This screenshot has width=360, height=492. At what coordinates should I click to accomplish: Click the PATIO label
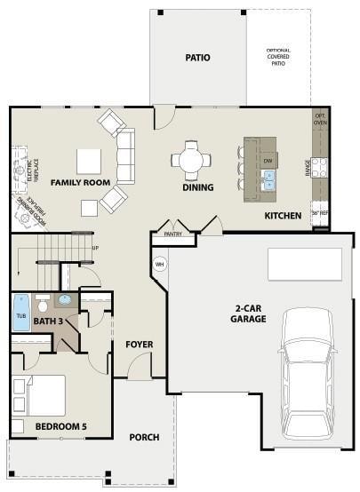coord(197,58)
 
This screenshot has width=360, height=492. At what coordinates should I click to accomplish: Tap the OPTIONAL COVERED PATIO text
coord(278,57)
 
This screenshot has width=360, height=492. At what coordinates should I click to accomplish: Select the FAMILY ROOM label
coord(80,182)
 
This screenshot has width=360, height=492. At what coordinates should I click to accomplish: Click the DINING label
coord(198,187)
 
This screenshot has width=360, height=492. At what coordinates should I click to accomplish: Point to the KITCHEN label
coord(283,216)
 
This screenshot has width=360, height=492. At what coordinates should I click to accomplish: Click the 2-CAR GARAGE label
coord(248,313)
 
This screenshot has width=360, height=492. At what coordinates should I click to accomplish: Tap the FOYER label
coord(140,344)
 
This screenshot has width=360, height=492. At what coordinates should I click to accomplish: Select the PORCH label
coord(144,437)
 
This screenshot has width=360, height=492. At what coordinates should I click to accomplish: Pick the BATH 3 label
coord(47,321)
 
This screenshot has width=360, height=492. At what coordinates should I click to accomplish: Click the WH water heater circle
coord(161,264)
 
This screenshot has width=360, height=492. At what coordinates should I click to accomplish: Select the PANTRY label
coord(173,234)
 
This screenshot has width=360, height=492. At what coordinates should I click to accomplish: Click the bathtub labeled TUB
coord(20,313)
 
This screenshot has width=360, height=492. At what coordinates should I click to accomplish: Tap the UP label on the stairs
coord(94,248)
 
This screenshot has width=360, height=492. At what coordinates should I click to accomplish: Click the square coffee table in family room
coord(89,161)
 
